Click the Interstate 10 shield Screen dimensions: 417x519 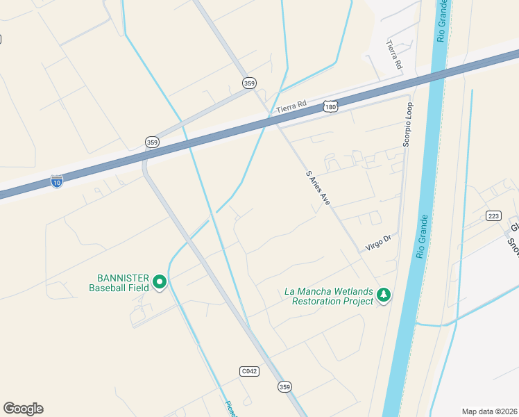point(57,181)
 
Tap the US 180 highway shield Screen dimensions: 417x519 point(330,106)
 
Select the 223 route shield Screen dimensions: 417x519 point(493,215)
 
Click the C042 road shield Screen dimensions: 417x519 point(249,371)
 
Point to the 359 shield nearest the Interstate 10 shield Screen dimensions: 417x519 point(153,142)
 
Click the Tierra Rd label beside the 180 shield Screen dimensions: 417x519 point(291,106)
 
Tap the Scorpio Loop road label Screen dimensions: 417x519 point(407,124)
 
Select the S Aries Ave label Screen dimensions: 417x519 point(318,188)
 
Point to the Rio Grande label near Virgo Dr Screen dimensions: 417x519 point(423,236)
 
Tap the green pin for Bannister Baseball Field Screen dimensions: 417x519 point(160,281)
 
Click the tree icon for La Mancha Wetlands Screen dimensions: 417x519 point(383,296)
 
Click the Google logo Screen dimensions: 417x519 point(23,409)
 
